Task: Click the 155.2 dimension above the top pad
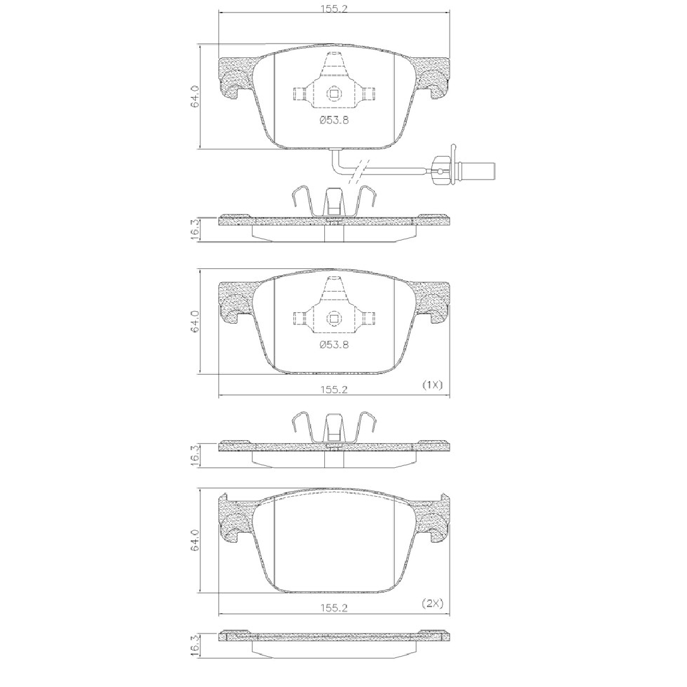pyautogui.click(x=334, y=9)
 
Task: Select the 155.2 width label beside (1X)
pyautogui.click(x=334, y=390)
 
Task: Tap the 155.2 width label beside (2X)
pyautogui.click(x=334, y=608)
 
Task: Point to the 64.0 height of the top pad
pyautogui.click(x=195, y=96)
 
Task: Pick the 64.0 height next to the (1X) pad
pyautogui.click(x=195, y=322)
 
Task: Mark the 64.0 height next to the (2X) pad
pyautogui.click(x=195, y=540)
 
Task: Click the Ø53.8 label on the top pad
pyautogui.click(x=334, y=120)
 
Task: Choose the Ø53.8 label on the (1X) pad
pyautogui.click(x=334, y=345)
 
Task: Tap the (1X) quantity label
pyautogui.click(x=433, y=385)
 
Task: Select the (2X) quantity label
pyautogui.click(x=433, y=603)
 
